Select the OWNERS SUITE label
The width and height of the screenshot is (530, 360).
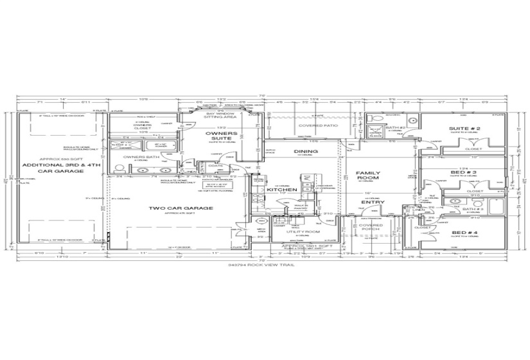222,136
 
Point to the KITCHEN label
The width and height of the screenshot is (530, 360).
282,190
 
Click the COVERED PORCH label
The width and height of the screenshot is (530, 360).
371,228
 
